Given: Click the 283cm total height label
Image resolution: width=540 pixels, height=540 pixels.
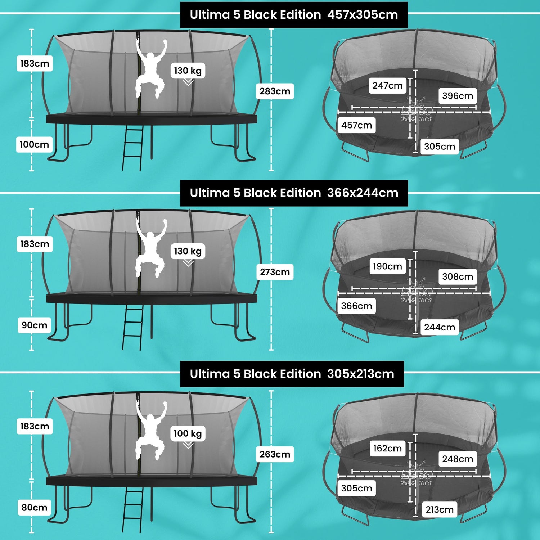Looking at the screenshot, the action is pyautogui.click(x=275, y=91).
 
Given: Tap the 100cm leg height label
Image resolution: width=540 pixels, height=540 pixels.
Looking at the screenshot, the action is pyautogui.click(x=34, y=144).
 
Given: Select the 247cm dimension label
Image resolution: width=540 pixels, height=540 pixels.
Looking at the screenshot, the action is pyautogui.click(x=387, y=86).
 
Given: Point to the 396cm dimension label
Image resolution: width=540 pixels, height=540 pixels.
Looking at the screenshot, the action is pyautogui.click(x=458, y=96).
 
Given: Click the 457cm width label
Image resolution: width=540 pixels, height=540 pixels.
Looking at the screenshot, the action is pyautogui.click(x=356, y=125).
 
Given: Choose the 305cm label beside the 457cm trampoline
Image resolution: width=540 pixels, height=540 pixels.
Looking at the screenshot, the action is pyautogui.click(x=440, y=147).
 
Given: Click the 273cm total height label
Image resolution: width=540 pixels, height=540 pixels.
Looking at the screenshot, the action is pyautogui.click(x=275, y=272).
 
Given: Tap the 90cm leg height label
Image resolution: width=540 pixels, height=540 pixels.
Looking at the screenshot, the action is pyautogui.click(x=34, y=325).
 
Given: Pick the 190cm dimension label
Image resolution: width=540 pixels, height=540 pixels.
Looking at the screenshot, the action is pyautogui.click(x=387, y=266).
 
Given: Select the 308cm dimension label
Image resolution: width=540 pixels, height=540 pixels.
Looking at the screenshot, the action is pyautogui.click(x=458, y=276).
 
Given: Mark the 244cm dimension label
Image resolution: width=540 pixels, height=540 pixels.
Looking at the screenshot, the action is pyautogui.click(x=440, y=327).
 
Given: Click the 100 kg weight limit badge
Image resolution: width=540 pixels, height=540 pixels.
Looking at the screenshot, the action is pyautogui.click(x=188, y=433).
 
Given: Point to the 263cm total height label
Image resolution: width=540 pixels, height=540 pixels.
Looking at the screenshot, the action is pyautogui.click(x=275, y=454).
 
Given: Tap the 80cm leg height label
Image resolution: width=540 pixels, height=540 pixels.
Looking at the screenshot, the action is pyautogui.click(x=34, y=508).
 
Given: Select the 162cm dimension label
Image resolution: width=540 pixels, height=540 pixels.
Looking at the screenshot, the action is pyautogui.click(x=387, y=449).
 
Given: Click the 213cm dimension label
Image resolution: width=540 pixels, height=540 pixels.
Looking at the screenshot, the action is pyautogui.click(x=440, y=510).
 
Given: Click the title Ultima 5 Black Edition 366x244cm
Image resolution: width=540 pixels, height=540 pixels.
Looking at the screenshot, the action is pyautogui.click(x=294, y=193).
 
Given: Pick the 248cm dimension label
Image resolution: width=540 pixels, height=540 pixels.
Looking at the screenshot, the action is pyautogui.click(x=458, y=459).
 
